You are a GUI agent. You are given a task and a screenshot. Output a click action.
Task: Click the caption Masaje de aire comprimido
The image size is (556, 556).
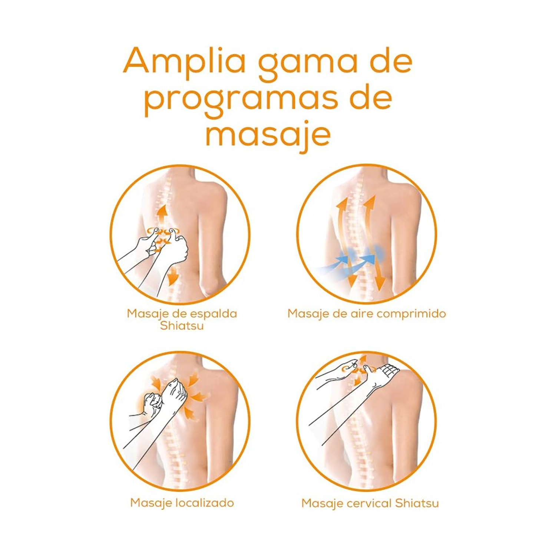367,314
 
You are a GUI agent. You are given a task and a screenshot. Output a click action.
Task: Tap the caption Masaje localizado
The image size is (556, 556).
182,503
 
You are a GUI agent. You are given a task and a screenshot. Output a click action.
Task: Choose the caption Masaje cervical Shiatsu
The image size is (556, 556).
370,503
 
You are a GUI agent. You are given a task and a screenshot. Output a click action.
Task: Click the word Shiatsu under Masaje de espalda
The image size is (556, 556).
182,326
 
